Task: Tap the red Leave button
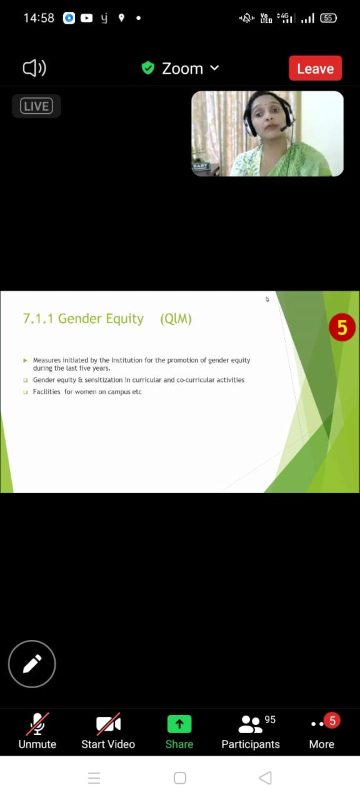coord(315,68)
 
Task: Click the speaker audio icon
coord(34,68)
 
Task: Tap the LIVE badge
coord(36,106)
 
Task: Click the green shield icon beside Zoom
coord(148,68)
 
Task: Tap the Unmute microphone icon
coord(37,724)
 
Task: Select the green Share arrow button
coord(179,724)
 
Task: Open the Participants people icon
coord(250,724)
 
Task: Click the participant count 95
coord(270,719)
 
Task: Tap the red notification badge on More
coord(332,721)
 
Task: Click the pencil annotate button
coord(32,664)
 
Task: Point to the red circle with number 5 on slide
coord(342,327)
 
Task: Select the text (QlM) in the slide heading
coord(176,319)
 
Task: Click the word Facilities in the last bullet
coord(47,392)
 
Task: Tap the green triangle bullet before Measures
coord(25,361)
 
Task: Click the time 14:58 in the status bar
coord(39,18)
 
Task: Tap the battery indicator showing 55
coord(328,18)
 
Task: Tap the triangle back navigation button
coord(265,778)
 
